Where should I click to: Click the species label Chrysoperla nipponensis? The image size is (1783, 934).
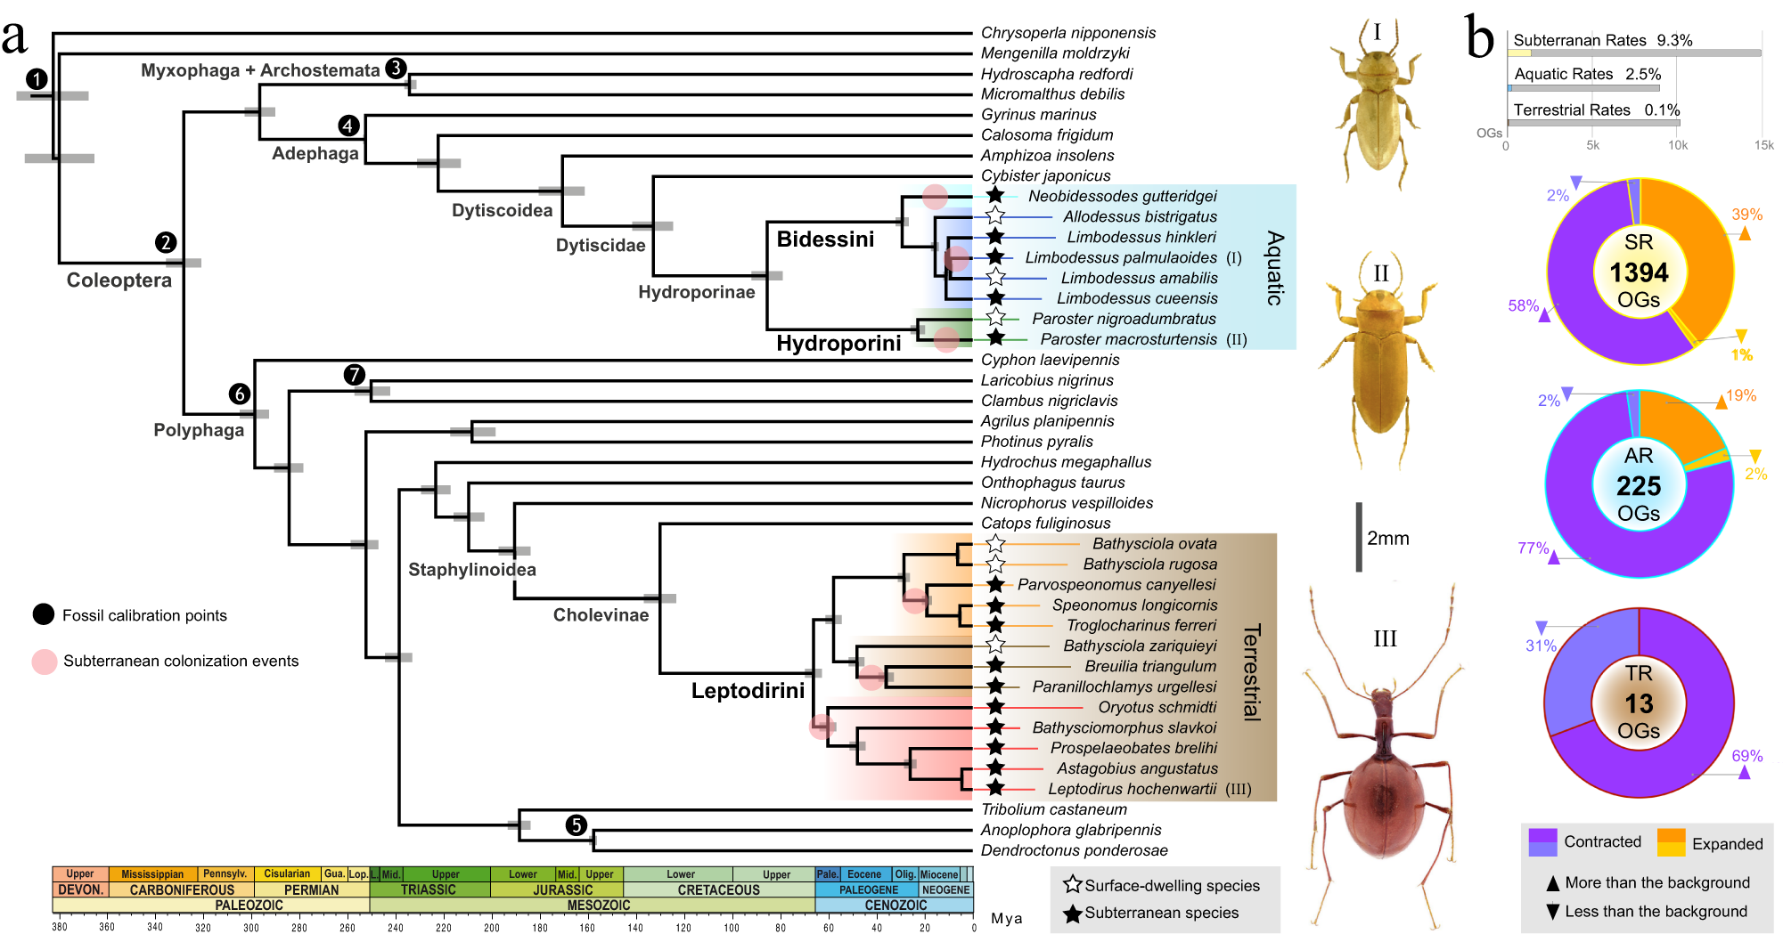[1067, 33]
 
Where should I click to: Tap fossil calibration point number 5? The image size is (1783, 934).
[577, 825]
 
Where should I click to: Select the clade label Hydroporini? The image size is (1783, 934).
[838, 344]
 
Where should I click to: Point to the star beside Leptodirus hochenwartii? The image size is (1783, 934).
[995, 788]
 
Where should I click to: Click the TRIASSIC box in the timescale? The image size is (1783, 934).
[429, 889]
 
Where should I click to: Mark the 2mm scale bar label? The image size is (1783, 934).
[1388, 539]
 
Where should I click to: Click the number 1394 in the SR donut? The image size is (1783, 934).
[1639, 272]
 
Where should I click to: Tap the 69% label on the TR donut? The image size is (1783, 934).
[1746, 756]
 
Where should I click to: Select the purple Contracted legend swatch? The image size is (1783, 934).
[1542, 842]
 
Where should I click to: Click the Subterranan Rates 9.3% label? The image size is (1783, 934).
[1602, 41]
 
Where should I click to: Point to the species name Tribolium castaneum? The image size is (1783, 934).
[1054, 809]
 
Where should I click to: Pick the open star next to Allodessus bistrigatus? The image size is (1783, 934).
[995, 216]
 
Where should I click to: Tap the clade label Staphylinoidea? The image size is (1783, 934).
[472, 570]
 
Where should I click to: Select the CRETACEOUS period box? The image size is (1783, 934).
[718, 889]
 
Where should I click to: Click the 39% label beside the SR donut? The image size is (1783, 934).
[1746, 215]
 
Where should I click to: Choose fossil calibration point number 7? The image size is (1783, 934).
[355, 375]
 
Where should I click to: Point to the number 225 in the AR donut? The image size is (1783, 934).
[1639, 486]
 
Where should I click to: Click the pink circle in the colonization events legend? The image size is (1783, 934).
[45, 662]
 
